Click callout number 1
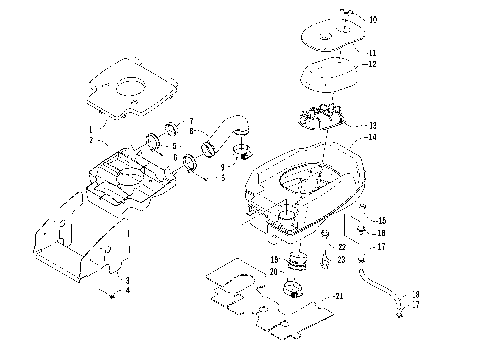click(89, 130)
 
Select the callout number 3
click(127, 280)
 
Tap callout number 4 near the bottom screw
click(127, 291)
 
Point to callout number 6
click(176, 157)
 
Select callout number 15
click(367, 220)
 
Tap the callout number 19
click(273, 259)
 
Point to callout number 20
click(273, 272)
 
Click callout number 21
click(339, 297)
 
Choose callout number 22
click(341, 246)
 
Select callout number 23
click(341, 259)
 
